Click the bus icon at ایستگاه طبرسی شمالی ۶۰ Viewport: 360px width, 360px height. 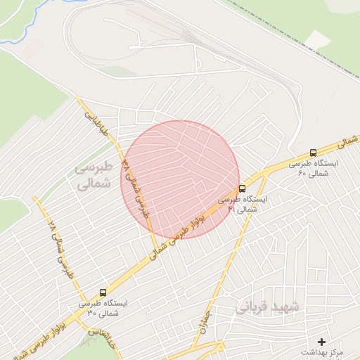click(x=314, y=153)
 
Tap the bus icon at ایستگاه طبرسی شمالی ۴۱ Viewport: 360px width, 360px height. click(x=243, y=188)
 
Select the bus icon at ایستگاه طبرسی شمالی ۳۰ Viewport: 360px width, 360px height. click(x=103, y=292)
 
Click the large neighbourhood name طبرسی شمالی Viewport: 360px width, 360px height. click(x=92, y=176)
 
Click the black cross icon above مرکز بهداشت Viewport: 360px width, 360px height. click(x=322, y=341)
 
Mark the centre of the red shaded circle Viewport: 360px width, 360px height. click(x=180, y=179)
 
